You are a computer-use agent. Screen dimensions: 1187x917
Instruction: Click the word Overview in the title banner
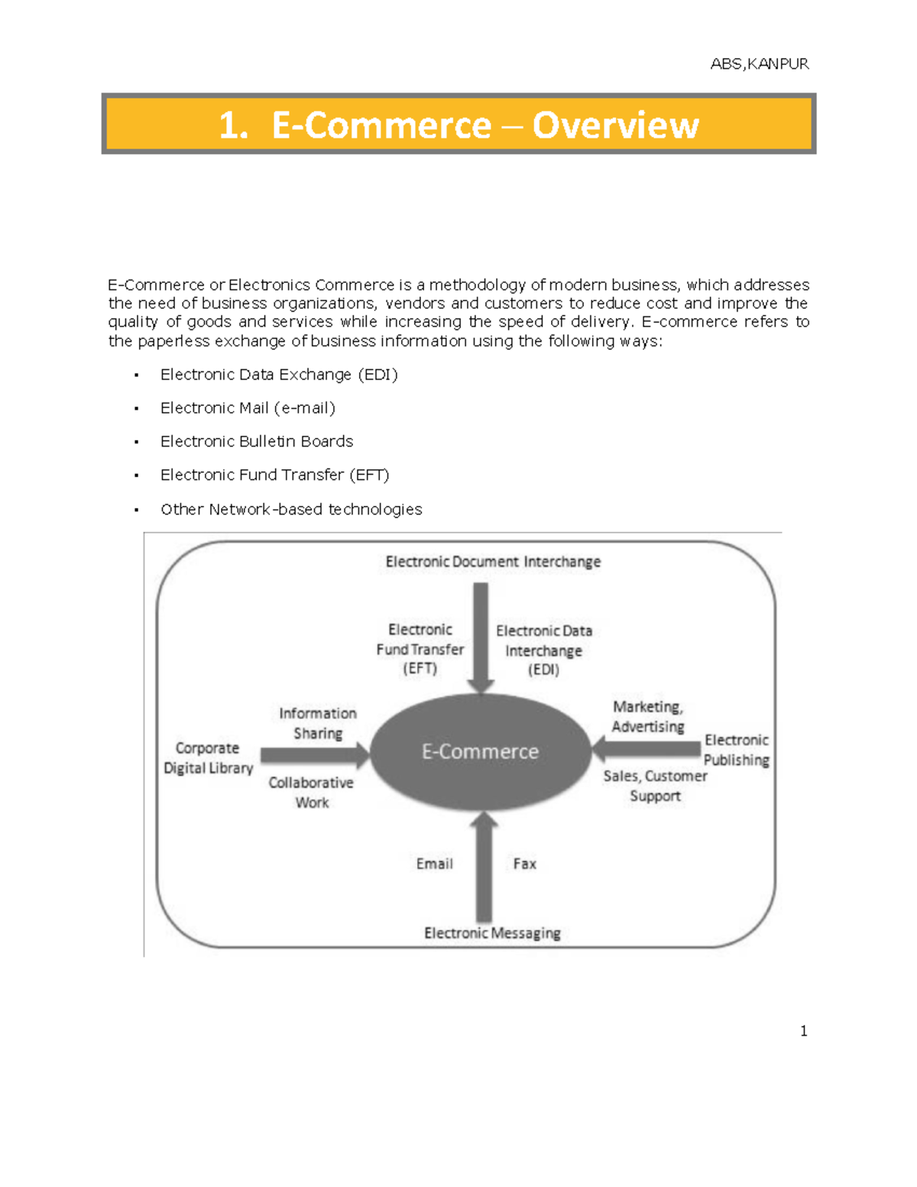click(x=615, y=125)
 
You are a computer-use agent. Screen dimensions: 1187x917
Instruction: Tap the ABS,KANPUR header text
click(x=759, y=64)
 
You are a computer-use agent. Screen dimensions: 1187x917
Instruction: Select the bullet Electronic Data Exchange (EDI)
click(x=279, y=375)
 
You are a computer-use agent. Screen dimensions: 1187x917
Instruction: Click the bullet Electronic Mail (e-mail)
click(x=248, y=408)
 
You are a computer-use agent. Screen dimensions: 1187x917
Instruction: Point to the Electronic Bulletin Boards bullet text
click(x=257, y=442)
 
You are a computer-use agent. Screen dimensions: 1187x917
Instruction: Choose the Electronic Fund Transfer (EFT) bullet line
click(x=274, y=475)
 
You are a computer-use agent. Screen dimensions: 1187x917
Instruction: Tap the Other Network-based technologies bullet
click(x=291, y=509)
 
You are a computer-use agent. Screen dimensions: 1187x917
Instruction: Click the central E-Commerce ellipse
click(x=480, y=752)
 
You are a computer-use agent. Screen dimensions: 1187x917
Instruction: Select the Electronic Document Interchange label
click(x=493, y=562)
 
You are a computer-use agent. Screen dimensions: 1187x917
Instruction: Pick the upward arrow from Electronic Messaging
click(x=484, y=868)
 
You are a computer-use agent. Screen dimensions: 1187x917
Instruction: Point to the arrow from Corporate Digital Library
click(x=314, y=756)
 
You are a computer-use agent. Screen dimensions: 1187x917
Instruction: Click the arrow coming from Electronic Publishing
click(x=646, y=749)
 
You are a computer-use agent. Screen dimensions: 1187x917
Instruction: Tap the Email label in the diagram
click(x=434, y=864)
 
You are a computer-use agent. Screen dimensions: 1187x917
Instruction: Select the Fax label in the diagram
click(x=524, y=864)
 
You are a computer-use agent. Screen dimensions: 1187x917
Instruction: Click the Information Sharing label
click(x=318, y=723)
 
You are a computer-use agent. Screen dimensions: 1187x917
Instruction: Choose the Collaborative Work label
click(x=311, y=793)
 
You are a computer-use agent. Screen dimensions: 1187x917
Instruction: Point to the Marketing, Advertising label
click(x=648, y=716)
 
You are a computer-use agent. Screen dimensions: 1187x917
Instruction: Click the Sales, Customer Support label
click(x=655, y=786)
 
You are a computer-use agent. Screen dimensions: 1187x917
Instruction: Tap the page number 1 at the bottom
click(x=803, y=1031)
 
